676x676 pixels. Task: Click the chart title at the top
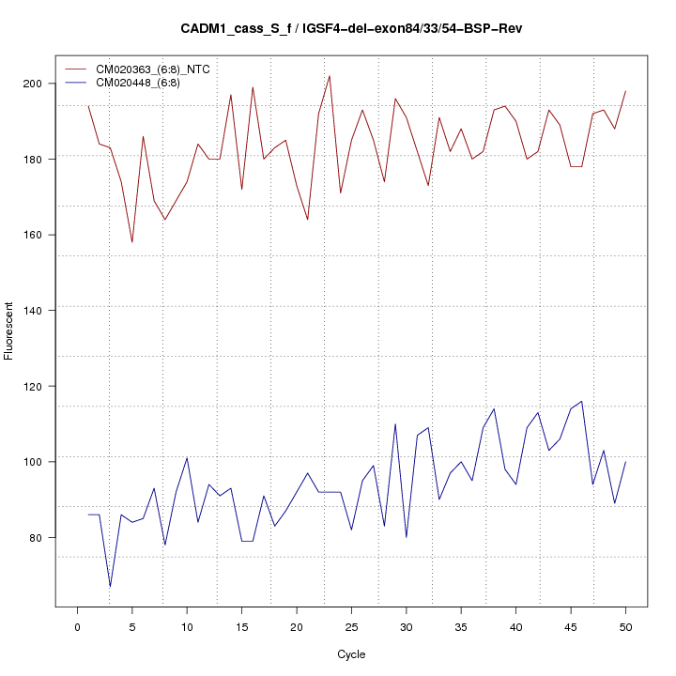(351, 29)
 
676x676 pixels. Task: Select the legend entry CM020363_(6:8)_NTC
(160, 69)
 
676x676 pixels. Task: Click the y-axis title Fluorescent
(9, 330)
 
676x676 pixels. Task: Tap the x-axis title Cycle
(351, 654)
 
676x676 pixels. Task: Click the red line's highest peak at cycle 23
(330, 76)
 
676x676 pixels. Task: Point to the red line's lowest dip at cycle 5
(132, 242)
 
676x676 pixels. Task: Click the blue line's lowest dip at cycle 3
(110, 587)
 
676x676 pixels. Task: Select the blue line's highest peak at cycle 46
(582, 401)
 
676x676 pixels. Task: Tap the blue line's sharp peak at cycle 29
(395, 423)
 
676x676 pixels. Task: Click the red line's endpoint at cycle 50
(625, 91)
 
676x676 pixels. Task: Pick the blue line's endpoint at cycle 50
(625, 462)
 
